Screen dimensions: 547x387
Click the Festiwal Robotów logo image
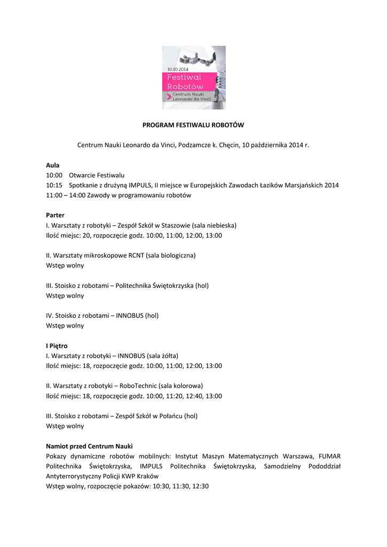click(x=193, y=77)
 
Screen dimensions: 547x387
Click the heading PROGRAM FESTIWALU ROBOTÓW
click(x=193, y=125)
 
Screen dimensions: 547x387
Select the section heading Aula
click(x=52, y=165)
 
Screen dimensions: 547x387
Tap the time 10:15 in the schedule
click(x=54, y=185)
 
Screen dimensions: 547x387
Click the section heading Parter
click(x=55, y=215)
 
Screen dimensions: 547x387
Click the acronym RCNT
click(x=137, y=255)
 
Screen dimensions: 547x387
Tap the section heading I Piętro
click(x=57, y=346)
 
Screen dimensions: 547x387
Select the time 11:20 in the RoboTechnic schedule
click(x=173, y=396)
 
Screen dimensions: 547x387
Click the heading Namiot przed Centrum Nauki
click(x=89, y=446)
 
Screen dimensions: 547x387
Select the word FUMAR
click(x=329, y=456)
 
